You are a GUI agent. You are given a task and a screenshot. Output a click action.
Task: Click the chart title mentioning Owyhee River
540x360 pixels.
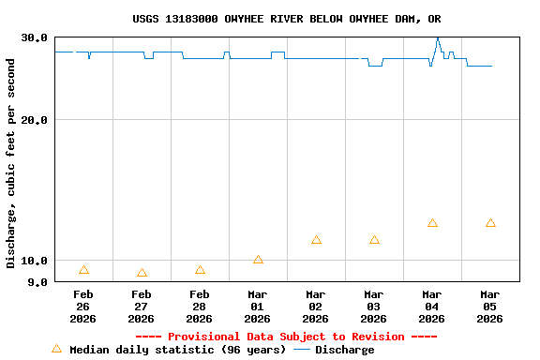287,19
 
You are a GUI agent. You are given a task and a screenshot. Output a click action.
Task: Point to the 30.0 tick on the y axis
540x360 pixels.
35,37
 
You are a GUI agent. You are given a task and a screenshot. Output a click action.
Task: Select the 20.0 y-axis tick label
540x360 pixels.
35,120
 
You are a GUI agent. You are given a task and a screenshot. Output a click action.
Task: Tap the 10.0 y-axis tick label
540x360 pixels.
35,261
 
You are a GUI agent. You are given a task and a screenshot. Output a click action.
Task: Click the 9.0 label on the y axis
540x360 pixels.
38,281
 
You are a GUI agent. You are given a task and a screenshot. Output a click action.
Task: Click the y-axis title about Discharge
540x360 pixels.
11,163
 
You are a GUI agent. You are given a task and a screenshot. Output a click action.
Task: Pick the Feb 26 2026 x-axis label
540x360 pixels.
82,307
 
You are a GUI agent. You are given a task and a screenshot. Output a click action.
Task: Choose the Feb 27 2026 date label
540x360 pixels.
141,307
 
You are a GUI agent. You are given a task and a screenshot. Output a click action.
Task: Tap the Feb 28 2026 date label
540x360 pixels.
199,307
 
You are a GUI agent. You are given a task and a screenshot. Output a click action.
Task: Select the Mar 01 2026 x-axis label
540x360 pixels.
257,307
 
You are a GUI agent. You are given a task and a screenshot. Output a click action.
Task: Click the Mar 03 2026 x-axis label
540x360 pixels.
373,307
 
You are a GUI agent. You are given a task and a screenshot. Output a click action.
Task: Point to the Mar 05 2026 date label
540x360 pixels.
489,307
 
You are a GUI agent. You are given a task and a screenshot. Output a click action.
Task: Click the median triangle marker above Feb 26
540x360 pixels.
83,270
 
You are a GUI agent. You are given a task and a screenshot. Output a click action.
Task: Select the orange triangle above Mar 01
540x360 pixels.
258,260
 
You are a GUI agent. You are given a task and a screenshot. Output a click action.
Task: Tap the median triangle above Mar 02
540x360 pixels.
316,240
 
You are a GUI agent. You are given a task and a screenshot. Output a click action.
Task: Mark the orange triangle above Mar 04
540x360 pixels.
432,223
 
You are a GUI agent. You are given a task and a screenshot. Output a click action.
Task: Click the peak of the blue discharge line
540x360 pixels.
437,38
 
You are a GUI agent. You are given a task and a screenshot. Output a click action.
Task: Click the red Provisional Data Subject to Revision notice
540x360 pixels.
286,337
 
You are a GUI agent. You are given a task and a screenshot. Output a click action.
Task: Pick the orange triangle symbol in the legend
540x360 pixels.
56,349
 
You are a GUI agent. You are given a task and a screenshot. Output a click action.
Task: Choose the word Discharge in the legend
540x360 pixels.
344,350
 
